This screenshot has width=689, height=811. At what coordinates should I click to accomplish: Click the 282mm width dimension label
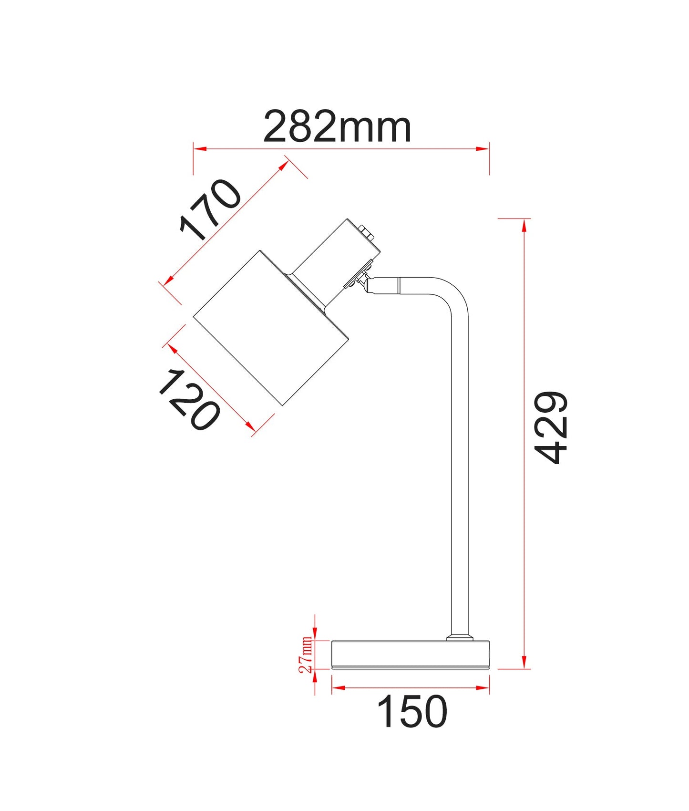pos(337,127)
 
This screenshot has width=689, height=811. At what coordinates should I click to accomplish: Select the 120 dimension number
pos(189,400)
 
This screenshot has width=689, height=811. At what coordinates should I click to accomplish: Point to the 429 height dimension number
pos(551,427)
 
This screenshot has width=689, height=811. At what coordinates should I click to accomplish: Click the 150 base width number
pos(412,712)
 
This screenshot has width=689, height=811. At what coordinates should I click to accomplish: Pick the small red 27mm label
pos(306,655)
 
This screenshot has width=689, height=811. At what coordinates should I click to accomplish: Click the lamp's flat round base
pos(411,655)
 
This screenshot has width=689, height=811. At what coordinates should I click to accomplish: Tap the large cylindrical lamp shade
pos(271,328)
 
